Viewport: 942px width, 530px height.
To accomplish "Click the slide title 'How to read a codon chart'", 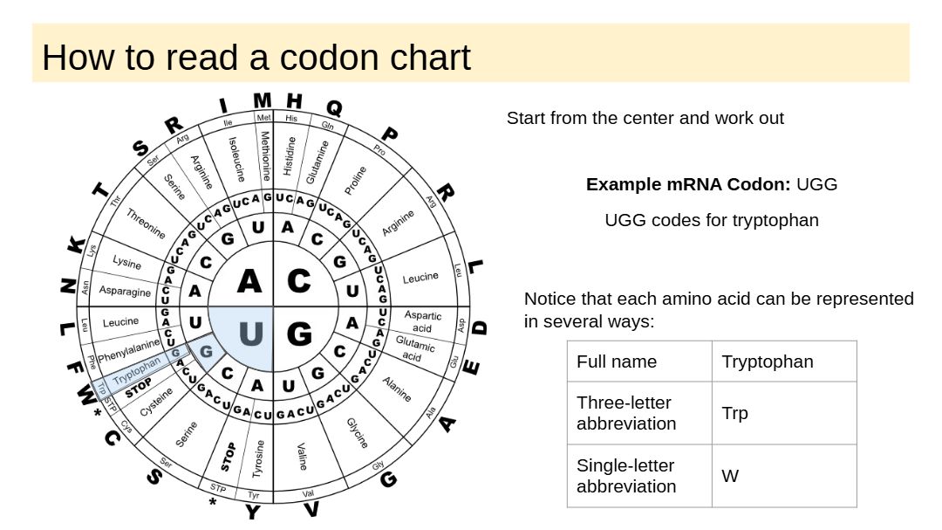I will pyautogui.click(x=256, y=58).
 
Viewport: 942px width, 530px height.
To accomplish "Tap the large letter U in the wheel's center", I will pyautogui.click(x=250, y=334).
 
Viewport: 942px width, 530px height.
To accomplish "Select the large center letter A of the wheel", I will pyautogui.click(x=249, y=281).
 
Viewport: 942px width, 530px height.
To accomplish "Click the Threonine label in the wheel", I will pyautogui.click(x=146, y=224).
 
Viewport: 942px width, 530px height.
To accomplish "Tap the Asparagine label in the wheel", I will pyautogui.click(x=125, y=291).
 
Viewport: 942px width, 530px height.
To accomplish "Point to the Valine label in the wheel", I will pyautogui.click(x=302, y=455).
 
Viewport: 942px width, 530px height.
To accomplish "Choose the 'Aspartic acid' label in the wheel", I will pyautogui.click(x=423, y=321).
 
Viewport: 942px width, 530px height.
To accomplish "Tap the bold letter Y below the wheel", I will pyautogui.click(x=252, y=512).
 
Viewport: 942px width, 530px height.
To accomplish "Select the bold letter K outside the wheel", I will pyautogui.click(x=77, y=246).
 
